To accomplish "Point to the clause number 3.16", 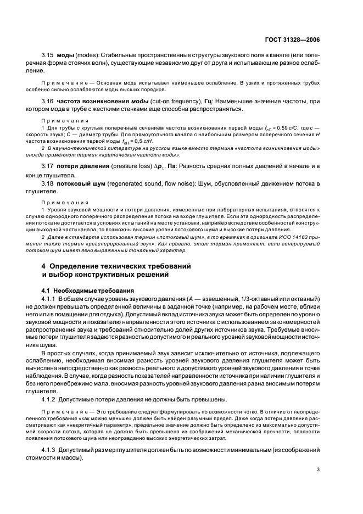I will click(x=48, y=102).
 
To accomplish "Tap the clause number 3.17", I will click(x=48, y=166).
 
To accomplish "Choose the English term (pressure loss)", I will click(x=135, y=166).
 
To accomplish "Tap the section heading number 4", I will click(x=44, y=265).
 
